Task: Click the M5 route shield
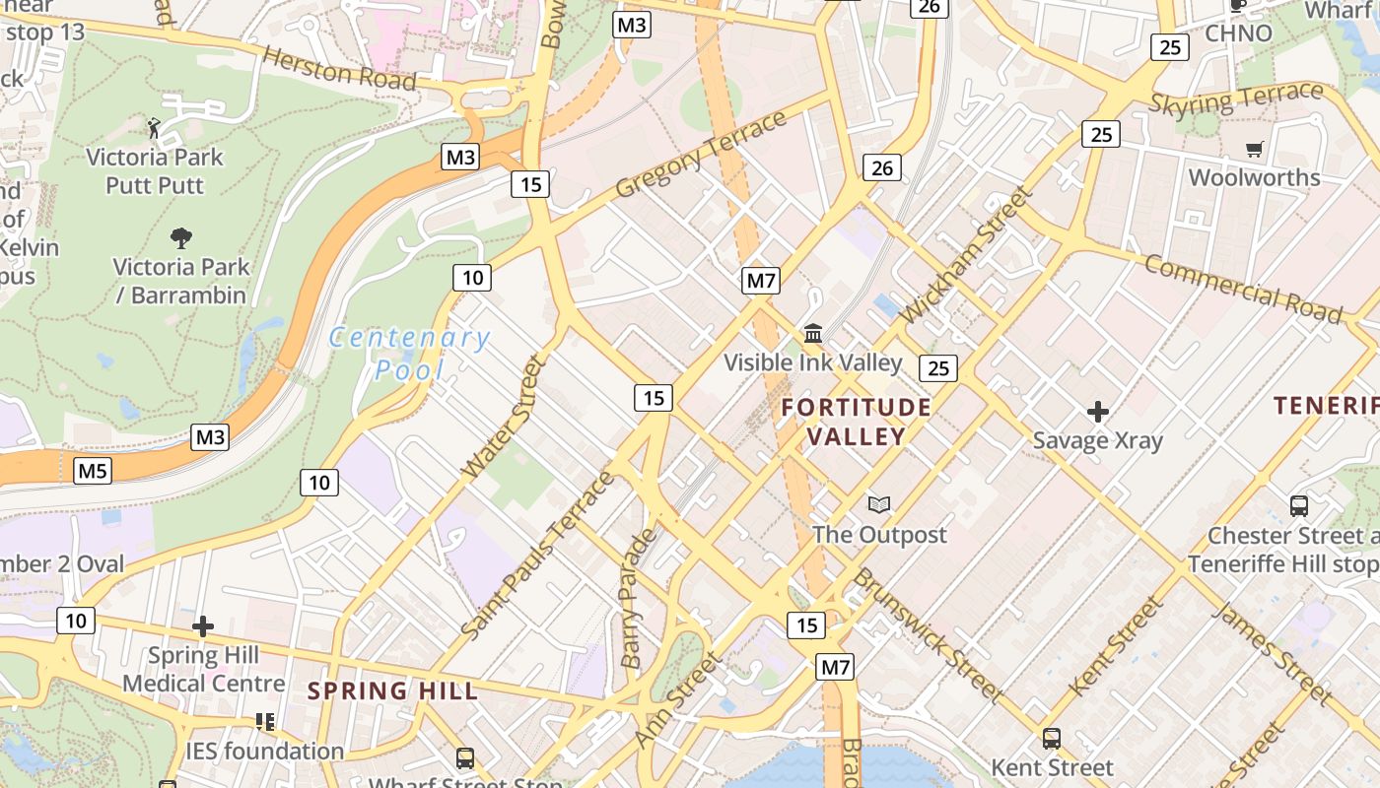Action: pyautogui.click(x=93, y=471)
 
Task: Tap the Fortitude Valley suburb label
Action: pyautogui.click(x=856, y=422)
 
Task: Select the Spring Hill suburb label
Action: pyautogui.click(x=392, y=690)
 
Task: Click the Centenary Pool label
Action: pyautogui.click(x=409, y=354)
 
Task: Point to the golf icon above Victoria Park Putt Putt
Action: pyautogui.click(x=154, y=127)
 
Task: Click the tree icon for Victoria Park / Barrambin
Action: pyautogui.click(x=180, y=237)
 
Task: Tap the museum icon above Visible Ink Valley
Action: pyautogui.click(x=813, y=334)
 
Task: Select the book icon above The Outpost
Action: pyautogui.click(x=879, y=505)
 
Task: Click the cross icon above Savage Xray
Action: pyautogui.click(x=1097, y=412)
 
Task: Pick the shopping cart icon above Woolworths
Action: pyautogui.click(x=1254, y=150)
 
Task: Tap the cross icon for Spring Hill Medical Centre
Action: pyautogui.click(x=203, y=626)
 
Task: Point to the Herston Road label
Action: pyautogui.click(x=339, y=69)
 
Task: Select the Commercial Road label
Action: pyautogui.click(x=1243, y=289)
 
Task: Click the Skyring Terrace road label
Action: pyautogui.click(x=1236, y=98)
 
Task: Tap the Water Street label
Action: pyautogui.click(x=505, y=418)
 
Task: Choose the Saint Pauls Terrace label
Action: pyautogui.click(x=537, y=556)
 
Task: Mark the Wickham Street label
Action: pyautogui.click(x=965, y=255)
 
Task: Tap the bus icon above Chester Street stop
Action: pyautogui.click(x=1299, y=506)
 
